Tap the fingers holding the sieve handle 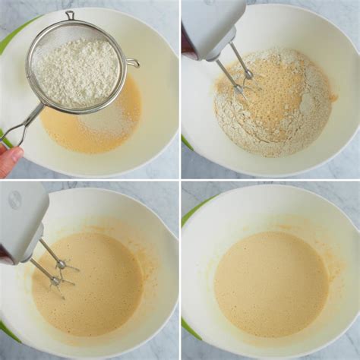click(9, 158)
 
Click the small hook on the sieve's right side click(132, 63)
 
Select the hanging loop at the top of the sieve click(70, 15)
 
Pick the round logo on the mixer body click(14, 201)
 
